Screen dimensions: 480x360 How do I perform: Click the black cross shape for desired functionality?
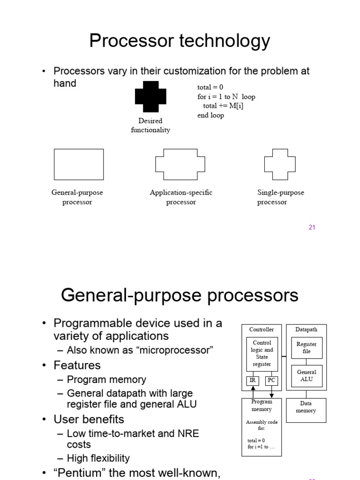click(150, 97)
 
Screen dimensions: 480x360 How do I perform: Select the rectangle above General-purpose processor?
click(79, 165)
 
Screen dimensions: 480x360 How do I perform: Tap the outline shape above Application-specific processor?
click(181, 165)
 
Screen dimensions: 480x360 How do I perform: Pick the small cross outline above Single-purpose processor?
click(280, 165)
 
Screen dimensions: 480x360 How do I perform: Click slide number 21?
click(312, 227)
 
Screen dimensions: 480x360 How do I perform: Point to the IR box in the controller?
click(253, 380)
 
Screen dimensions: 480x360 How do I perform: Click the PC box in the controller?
click(271, 380)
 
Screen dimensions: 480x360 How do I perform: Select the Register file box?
click(307, 347)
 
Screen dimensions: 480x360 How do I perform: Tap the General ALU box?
click(307, 375)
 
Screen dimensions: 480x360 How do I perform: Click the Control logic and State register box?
click(262, 353)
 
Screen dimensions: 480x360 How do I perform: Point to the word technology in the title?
click(225, 41)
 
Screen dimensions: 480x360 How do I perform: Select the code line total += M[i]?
click(223, 106)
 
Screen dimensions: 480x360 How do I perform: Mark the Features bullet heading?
click(77, 365)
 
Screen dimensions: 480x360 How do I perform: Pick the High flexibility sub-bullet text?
click(98, 458)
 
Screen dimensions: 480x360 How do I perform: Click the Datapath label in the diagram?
click(306, 330)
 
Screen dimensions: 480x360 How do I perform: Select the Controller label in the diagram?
click(262, 330)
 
